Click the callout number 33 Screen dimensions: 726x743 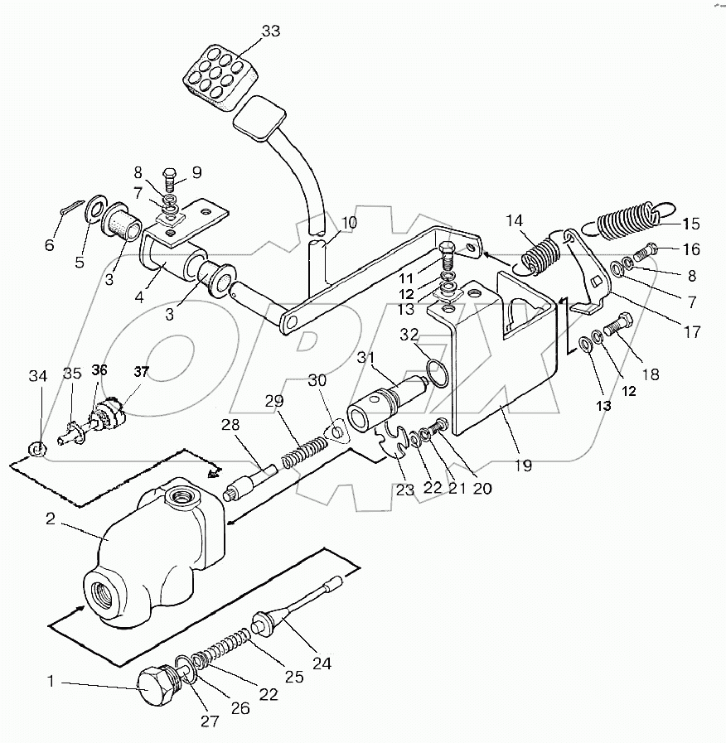click(x=271, y=31)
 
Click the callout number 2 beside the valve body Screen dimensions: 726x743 click(x=51, y=519)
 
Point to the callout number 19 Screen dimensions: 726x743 click(x=524, y=466)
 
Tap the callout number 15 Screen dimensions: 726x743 click(x=691, y=224)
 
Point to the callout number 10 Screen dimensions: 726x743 click(x=349, y=222)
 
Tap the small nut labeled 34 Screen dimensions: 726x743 click(x=36, y=448)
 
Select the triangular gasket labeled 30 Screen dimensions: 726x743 click(x=336, y=432)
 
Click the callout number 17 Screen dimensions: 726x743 click(x=692, y=332)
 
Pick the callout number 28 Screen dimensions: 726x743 click(x=230, y=425)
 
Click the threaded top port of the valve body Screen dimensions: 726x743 click(x=182, y=497)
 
